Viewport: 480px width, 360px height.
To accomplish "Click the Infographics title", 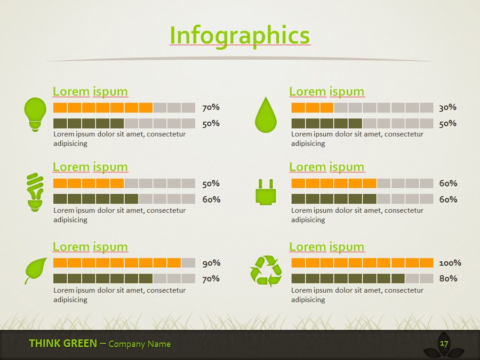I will tap(239, 35).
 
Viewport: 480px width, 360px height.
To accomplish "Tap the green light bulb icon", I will tap(35, 114).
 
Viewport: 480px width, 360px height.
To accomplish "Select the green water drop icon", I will tap(266, 115).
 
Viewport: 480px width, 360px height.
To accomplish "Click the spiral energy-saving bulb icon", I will tap(35, 192).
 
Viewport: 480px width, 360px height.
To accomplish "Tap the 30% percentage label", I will tap(447, 108).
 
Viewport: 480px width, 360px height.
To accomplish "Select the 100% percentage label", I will tap(450, 263).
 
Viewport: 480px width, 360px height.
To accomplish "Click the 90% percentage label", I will tap(211, 263).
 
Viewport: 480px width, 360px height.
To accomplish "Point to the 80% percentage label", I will tap(447, 278).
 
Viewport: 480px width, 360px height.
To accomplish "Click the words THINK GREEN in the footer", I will tap(63, 343).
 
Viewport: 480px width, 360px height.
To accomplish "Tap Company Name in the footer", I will tap(139, 344).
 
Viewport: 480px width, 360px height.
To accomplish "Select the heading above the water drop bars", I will tap(326, 91).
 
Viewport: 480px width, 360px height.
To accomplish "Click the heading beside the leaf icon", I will tap(90, 246).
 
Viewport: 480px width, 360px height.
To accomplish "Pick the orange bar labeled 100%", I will tap(362, 262).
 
